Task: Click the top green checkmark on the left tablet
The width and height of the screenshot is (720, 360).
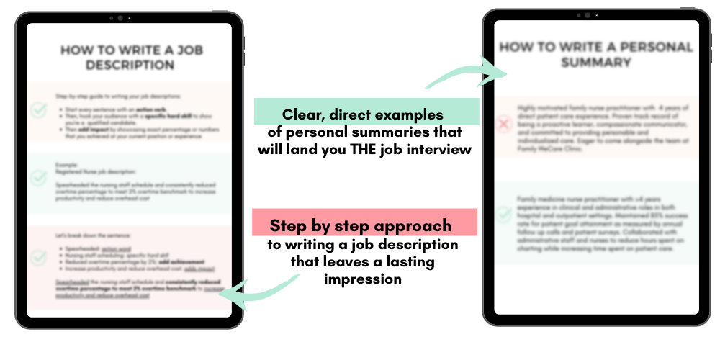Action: (x=39, y=110)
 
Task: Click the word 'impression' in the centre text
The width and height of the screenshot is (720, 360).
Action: (x=363, y=279)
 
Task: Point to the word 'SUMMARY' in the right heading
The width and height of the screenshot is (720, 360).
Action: (x=596, y=63)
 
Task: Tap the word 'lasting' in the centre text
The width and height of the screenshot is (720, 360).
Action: (x=410, y=262)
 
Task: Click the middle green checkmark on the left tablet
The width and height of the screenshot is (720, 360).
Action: (x=39, y=176)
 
